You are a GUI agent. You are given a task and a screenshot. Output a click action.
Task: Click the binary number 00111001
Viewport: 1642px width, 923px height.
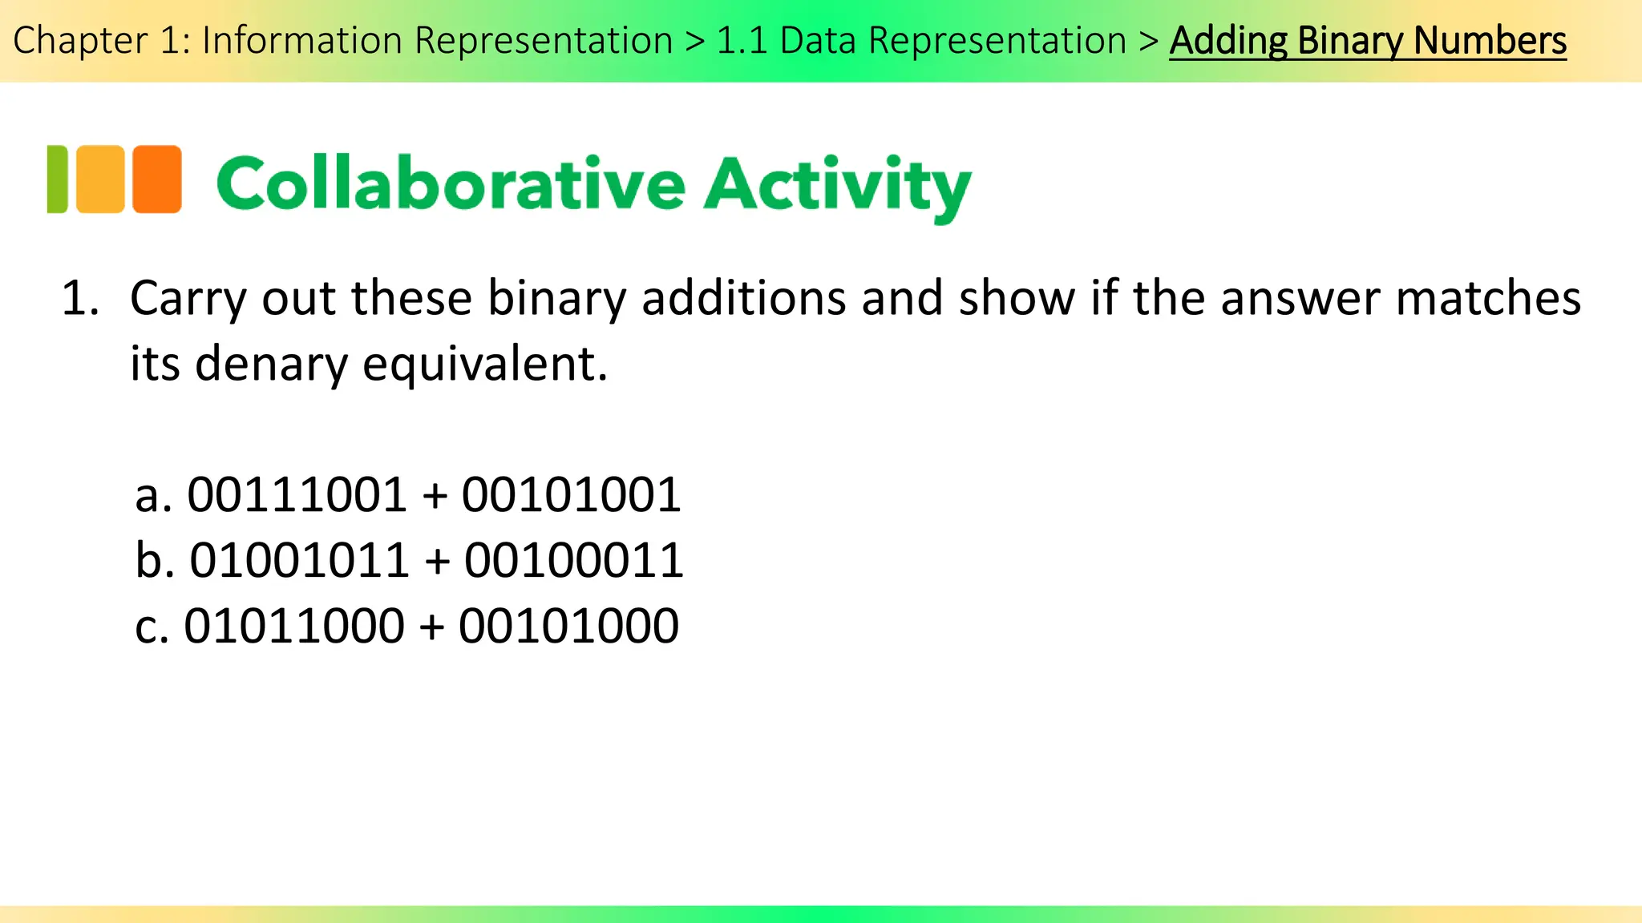(297, 495)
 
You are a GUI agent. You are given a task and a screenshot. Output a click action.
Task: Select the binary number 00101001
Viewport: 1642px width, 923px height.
(571, 495)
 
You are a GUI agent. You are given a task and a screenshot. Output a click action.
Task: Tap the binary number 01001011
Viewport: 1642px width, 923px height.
(299, 560)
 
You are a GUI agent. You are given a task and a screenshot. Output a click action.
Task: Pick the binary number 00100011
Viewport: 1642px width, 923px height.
(573, 560)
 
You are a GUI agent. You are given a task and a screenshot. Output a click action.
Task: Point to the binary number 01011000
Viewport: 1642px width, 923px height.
(294, 626)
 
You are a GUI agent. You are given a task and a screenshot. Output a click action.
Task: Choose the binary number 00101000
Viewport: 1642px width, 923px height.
(568, 626)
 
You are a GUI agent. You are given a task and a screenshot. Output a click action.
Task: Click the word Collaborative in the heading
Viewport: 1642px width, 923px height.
(451, 184)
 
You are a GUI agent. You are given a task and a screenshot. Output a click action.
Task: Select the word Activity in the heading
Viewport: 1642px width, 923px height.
(838, 187)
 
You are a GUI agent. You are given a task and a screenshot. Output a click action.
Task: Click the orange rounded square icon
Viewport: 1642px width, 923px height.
(157, 179)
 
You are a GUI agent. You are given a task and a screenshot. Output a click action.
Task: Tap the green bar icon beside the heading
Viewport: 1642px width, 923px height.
(58, 179)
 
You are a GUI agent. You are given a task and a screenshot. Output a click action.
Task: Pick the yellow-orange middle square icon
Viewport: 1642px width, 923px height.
(101, 179)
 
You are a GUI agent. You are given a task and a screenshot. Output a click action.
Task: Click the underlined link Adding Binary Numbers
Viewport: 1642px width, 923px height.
(1367, 40)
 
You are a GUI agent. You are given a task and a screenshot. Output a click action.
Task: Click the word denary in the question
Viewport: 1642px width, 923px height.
(271, 364)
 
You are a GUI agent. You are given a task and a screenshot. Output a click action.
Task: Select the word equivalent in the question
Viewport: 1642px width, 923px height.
(484, 364)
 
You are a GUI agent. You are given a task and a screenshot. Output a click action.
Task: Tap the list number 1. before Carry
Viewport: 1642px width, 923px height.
(80, 299)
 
